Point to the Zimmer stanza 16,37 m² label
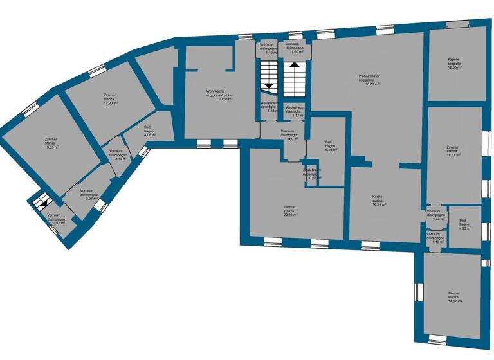[453, 151]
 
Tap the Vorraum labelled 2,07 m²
[54, 219]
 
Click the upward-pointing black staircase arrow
[295, 65]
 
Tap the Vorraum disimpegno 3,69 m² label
[289, 135]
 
